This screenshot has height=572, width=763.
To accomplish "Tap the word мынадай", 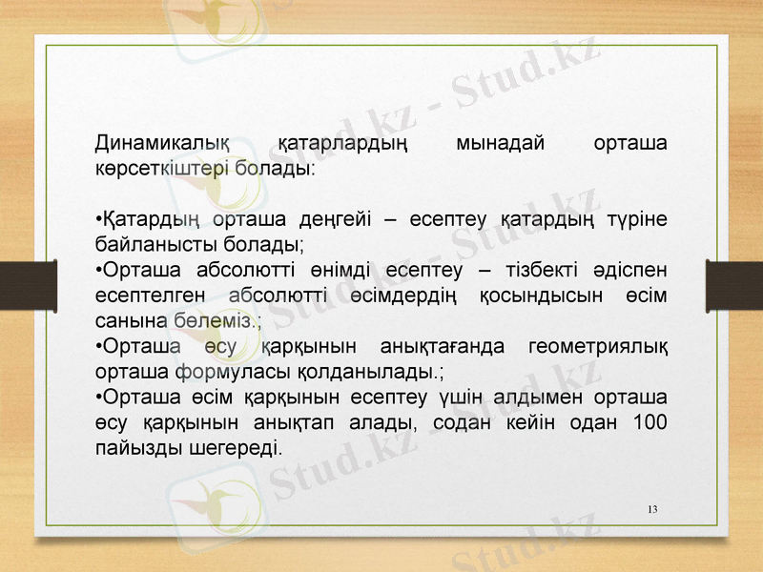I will [x=501, y=143].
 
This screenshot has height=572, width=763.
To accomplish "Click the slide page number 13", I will [x=652, y=508].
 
